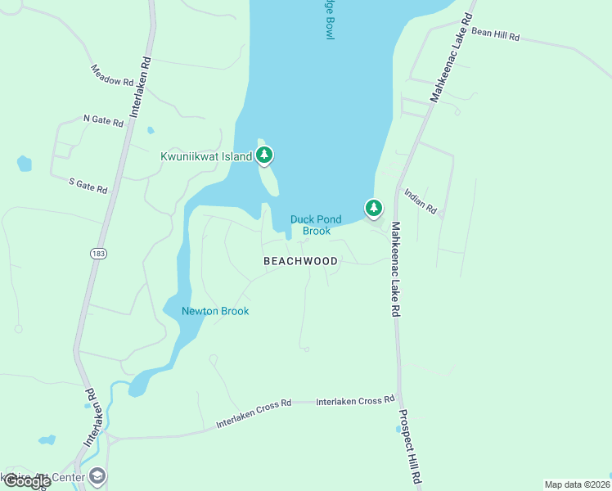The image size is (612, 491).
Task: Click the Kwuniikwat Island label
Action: (x=206, y=155)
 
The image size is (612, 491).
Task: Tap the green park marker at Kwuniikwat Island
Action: (x=264, y=154)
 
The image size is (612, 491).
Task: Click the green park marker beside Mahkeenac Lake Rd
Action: (x=374, y=208)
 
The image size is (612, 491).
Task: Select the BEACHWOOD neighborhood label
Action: (x=300, y=261)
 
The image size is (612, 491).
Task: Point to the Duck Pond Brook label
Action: (x=316, y=225)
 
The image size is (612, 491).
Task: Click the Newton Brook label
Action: (x=215, y=311)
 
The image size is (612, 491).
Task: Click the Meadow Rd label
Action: (x=112, y=76)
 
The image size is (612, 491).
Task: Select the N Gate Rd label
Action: (x=103, y=120)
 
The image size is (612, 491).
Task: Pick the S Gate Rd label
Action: (x=88, y=186)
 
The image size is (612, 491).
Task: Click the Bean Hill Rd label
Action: (x=496, y=36)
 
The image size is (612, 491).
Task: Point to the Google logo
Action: (x=27, y=482)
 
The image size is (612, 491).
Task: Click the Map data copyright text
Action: (x=578, y=484)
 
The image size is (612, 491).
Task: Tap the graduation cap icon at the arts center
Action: (x=97, y=476)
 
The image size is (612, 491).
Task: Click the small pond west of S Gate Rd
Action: (x=25, y=164)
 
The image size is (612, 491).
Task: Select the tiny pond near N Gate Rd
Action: (x=151, y=130)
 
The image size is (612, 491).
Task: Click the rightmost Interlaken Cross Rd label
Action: (x=355, y=401)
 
